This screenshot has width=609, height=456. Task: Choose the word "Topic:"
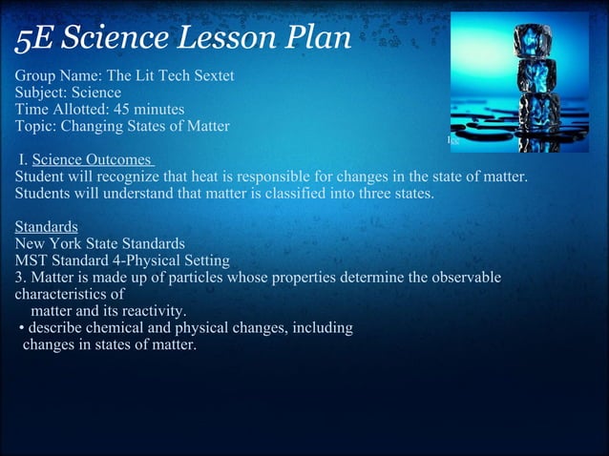37,127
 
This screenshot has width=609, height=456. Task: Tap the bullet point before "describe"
21,329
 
